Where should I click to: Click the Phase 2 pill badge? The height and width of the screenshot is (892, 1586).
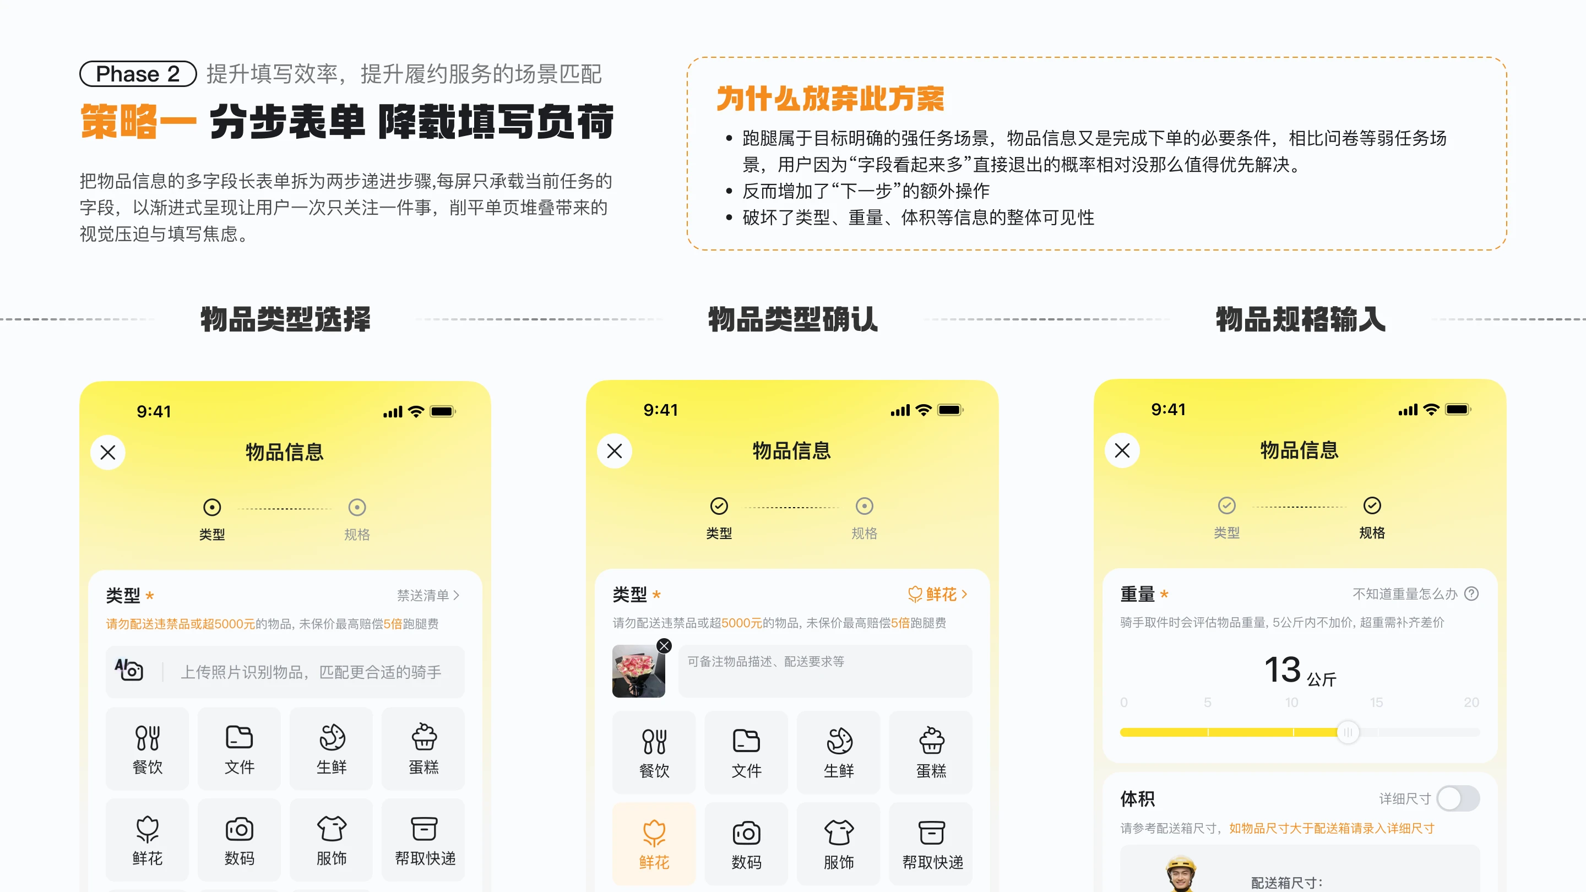(138, 74)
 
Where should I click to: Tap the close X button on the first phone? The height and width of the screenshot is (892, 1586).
(108, 453)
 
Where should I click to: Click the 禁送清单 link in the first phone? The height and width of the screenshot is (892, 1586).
(428, 595)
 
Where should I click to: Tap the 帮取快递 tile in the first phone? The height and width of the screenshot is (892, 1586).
(423, 840)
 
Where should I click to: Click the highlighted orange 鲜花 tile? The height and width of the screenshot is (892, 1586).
(654, 844)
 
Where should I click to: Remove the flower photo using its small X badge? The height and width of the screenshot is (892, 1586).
(664, 646)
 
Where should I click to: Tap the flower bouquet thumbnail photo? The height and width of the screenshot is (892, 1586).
(638, 671)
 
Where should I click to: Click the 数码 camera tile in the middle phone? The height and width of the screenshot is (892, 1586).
(746, 844)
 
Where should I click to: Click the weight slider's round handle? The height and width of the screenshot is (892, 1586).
(1348, 732)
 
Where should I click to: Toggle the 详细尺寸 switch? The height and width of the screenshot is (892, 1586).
(1458, 798)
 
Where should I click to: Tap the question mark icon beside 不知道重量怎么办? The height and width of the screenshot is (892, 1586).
(1471, 594)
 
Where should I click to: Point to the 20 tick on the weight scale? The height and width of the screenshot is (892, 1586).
(1471, 703)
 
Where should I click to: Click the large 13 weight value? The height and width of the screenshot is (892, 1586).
(1283, 670)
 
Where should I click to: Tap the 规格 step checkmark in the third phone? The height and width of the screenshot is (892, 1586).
(1372, 505)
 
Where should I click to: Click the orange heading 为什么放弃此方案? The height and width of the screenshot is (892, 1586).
(830, 99)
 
